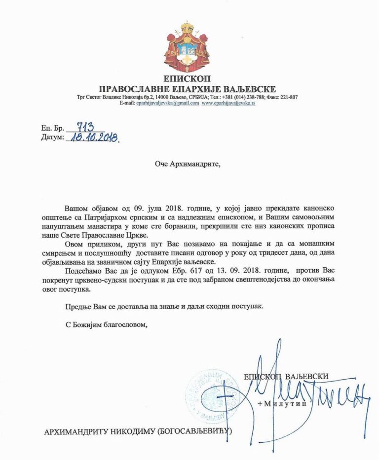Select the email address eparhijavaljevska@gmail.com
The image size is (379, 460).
point(168,104)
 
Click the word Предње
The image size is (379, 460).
point(77,306)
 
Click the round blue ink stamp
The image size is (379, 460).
point(207,394)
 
